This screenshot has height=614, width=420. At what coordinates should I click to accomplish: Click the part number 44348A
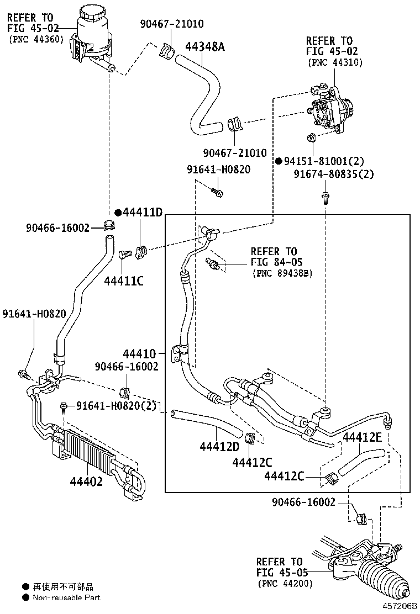[205, 46]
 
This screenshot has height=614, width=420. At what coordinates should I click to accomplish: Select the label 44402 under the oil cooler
[86, 481]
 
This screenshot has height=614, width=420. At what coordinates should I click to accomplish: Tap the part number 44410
[140, 353]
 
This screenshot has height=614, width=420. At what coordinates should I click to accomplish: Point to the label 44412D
[219, 446]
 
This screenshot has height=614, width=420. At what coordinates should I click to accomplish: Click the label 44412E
[363, 438]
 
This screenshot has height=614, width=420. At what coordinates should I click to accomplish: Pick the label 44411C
[124, 280]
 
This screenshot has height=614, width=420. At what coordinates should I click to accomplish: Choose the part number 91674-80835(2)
[334, 174]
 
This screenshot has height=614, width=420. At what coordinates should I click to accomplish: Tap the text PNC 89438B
[282, 273]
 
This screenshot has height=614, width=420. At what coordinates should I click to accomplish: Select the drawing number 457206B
[398, 606]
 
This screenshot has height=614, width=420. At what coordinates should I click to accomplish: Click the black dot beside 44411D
[118, 213]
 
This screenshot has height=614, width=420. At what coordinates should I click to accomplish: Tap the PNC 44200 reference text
[284, 583]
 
